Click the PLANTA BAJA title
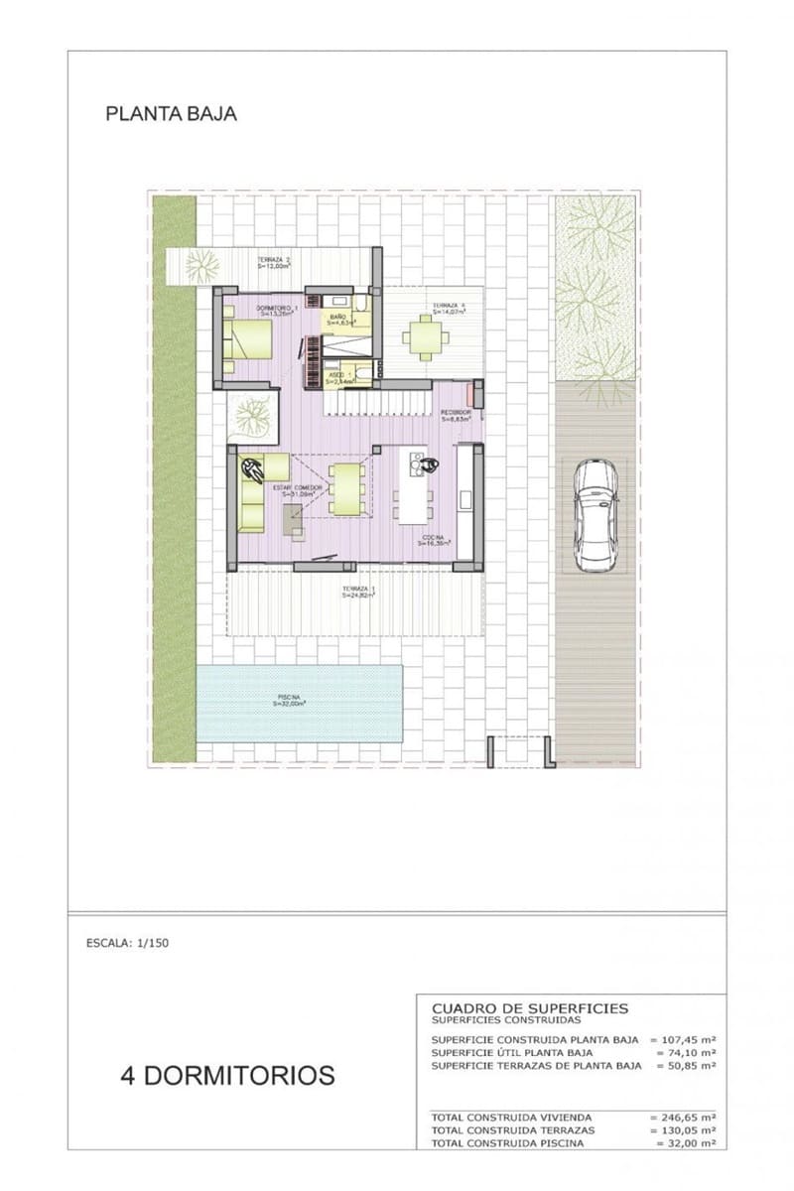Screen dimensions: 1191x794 coord(171,114)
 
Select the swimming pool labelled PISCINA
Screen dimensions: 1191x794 coord(300,703)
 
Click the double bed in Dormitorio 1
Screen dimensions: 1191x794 coord(247,340)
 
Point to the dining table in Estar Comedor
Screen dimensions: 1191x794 coord(346,488)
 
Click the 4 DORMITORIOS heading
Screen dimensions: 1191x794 coord(227,1075)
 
